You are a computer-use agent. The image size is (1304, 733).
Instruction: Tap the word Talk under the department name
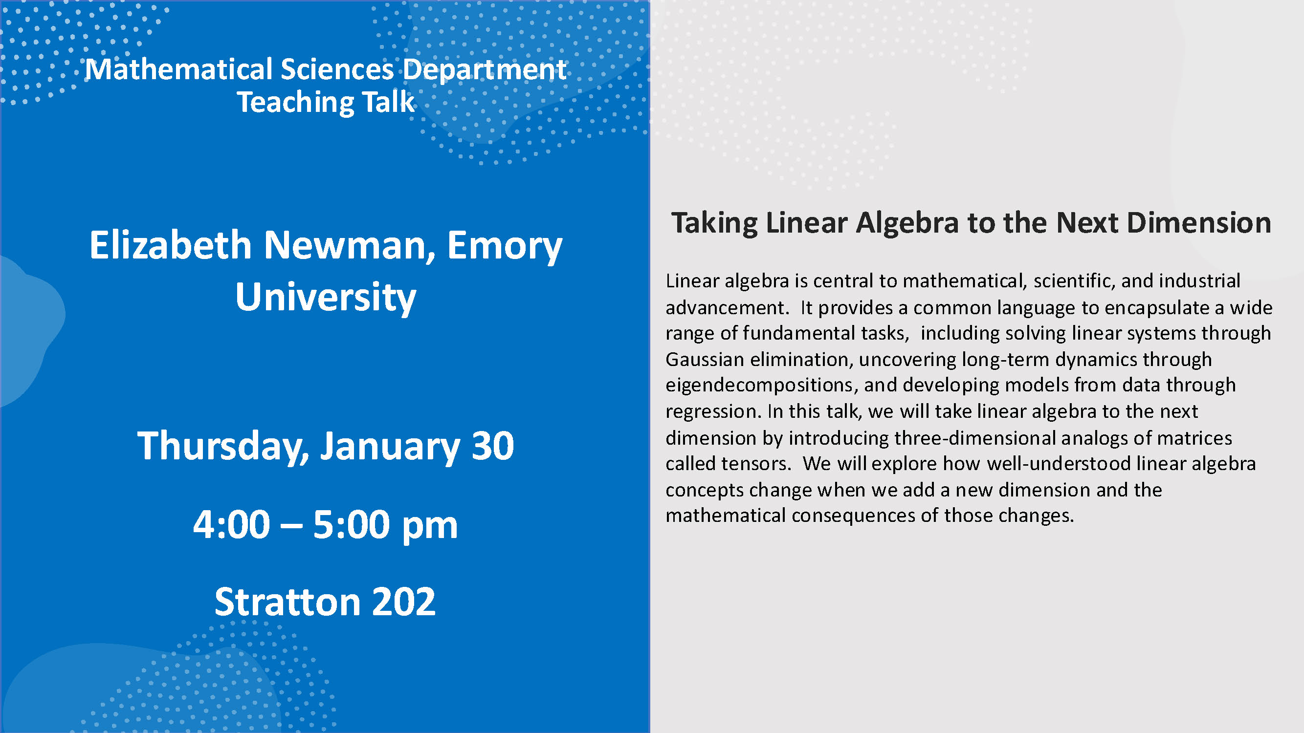click(x=388, y=102)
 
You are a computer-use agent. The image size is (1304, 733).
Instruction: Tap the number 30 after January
click(x=492, y=446)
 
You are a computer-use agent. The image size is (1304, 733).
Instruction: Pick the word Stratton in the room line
click(x=287, y=602)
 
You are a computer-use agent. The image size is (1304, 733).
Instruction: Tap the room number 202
click(x=403, y=602)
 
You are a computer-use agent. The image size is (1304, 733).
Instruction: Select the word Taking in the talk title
click(x=714, y=224)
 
